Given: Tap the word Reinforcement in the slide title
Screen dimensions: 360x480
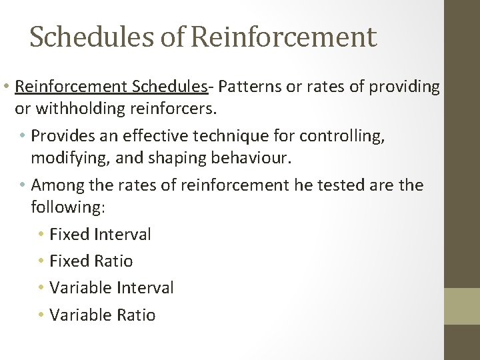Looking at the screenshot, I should point(283,37).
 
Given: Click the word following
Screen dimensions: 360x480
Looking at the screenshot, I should point(67,207).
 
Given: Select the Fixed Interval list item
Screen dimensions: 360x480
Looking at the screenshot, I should point(100,234).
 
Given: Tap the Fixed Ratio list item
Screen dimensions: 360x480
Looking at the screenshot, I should point(91,261).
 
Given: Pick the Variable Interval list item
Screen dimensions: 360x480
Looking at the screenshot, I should point(111,288).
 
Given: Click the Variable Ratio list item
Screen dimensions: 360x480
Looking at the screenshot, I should point(102,315).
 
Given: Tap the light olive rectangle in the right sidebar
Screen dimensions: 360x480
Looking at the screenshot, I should point(462,306).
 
